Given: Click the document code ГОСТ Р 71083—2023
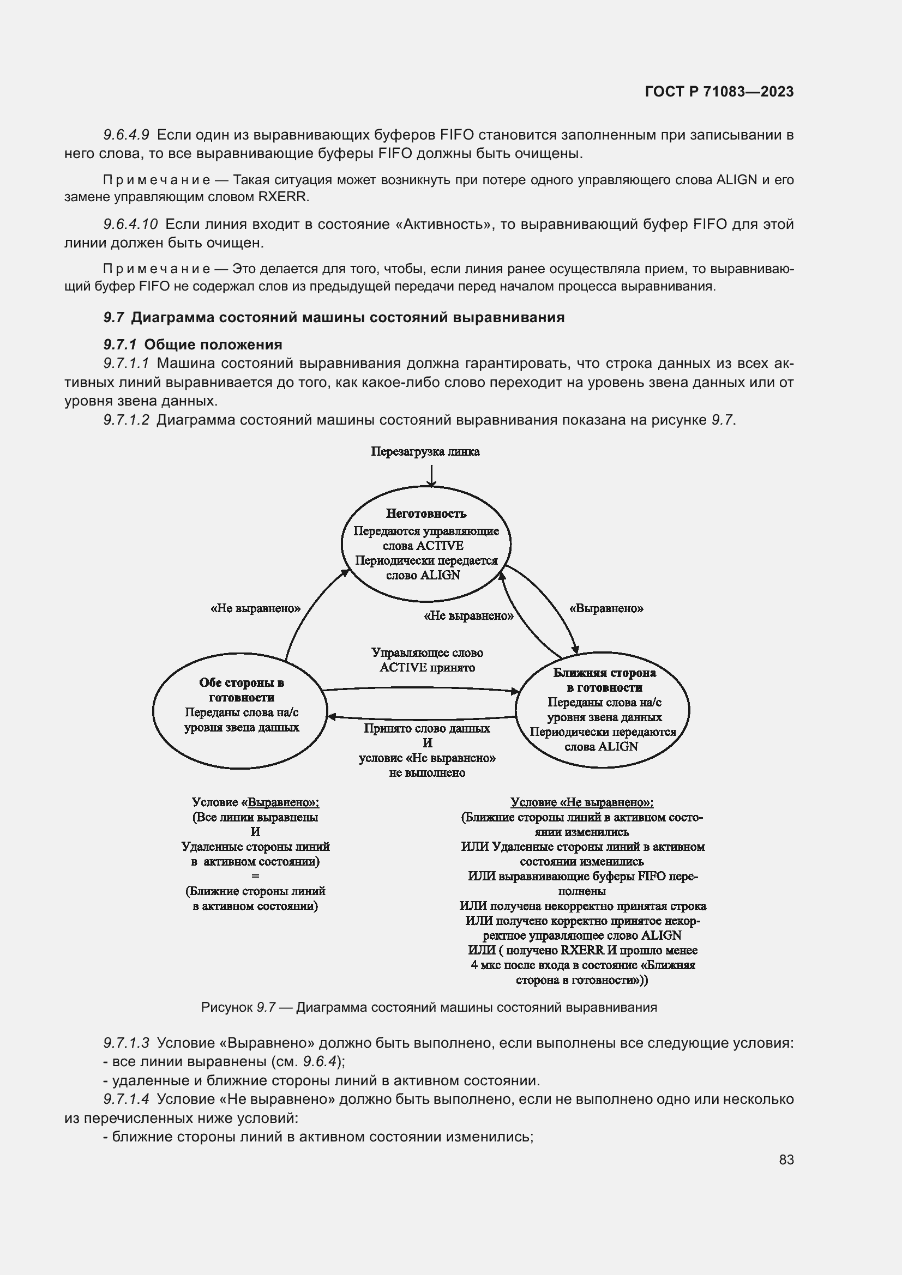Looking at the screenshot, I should pyautogui.click(x=719, y=92).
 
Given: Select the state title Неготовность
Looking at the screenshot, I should pyautogui.click(x=426, y=513).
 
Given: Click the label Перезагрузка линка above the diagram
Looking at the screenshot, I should pyautogui.click(x=425, y=451).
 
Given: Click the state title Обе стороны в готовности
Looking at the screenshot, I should pyautogui.click(x=242, y=690).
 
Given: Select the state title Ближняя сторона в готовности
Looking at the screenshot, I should pyautogui.click(x=604, y=680).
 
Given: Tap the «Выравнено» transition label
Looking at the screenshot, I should pyautogui.click(x=606, y=608).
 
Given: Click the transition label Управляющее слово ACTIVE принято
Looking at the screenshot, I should pyautogui.click(x=427, y=660).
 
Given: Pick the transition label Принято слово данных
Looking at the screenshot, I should pyautogui.click(x=426, y=729).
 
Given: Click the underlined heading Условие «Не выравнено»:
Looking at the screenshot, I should pyautogui.click(x=581, y=802).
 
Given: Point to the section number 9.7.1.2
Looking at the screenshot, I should pyautogui.click(x=126, y=420).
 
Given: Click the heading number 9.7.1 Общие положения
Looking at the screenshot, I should pyautogui.click(x=119, y=345).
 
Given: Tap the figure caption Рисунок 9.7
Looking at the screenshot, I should pyautogui.click(x=238, y=1007).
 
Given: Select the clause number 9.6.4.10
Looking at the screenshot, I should pyautogui.click(x=130, y=225).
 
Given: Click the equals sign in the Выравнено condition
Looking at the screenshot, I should pyautogui.click(x=255, y=876).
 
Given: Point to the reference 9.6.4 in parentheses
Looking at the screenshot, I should pyautogui.click(x=320, y=1062).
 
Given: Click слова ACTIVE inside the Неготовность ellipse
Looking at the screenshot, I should pyautogui.click(x=423, y=545).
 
